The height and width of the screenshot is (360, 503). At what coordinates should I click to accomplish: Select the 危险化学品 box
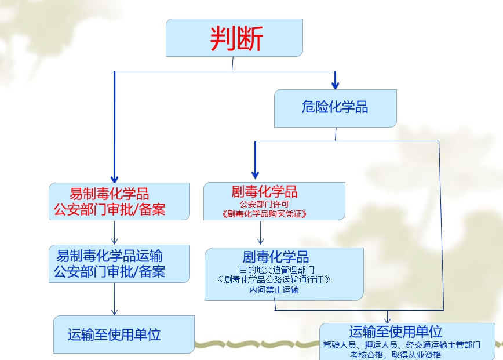(334, 107)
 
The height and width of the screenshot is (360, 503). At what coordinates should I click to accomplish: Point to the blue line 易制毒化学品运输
(110, 256)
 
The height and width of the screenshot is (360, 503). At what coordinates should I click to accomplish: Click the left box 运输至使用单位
(114, 334)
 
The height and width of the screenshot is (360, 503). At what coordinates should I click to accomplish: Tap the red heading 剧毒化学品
(264, 192)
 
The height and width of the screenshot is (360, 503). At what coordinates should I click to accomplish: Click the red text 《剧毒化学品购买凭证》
(264, 214)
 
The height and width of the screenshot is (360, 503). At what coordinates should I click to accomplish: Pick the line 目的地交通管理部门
(276, 270)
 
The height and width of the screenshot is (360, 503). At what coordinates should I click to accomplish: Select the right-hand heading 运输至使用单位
(396, 332)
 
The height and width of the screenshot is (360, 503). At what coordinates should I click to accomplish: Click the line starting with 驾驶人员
(401, 345)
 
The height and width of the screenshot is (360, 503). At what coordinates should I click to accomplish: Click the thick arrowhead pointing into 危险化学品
(335, 83)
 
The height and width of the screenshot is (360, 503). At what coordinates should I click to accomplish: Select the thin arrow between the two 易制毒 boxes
(115, 233)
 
